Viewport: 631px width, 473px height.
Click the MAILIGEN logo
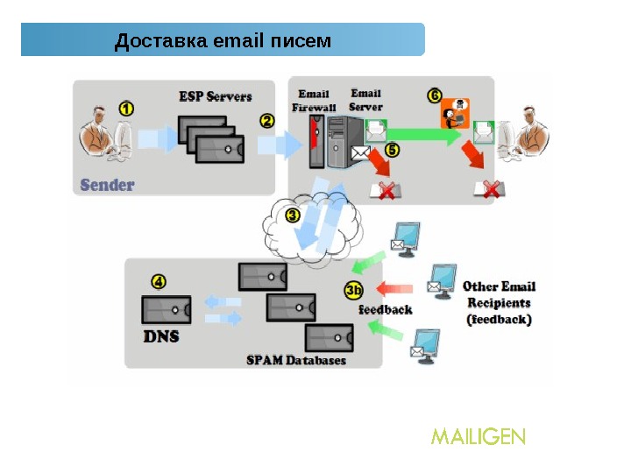pyautogui.click(x=478, y=435)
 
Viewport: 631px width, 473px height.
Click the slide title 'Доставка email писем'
pyautogui.click(x=223, y=40)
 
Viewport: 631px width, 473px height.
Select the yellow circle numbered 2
pyautogui.click(x=267, y=120)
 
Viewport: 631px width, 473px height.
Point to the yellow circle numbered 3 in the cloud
pyautogui.click(x=293, y=214)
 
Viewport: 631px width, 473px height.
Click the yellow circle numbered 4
pyautogui.click(x=158, y=282)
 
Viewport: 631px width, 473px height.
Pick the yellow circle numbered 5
pyautogui.click(x=391, y=151)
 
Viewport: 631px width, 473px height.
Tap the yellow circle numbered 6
pyautogui.click(x=435, y=95)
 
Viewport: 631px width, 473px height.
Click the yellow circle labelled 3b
pyautogui.click(x=353, y=290)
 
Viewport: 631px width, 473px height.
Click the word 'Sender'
pyautogui.click(x=107, y=185)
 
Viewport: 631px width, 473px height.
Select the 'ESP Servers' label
pyautogui.click(x=216, y=96)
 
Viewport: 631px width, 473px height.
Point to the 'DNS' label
pyautogui.click(x=160, y=335)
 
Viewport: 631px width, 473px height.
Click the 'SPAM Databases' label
pyautogui.click(x=295, y=360)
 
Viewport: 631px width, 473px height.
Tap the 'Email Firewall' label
pyautogui.click(x=314, y=101)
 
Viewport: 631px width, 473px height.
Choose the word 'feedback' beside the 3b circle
pyautogui.click(x=386, y=309)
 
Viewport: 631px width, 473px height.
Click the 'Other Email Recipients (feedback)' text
pyautogui.click(x=499, y=303)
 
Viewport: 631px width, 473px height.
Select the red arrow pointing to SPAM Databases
pyautogui.click(x=393, y=287)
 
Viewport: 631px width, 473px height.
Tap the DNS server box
pyautogui.click(x=165, y=309)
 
